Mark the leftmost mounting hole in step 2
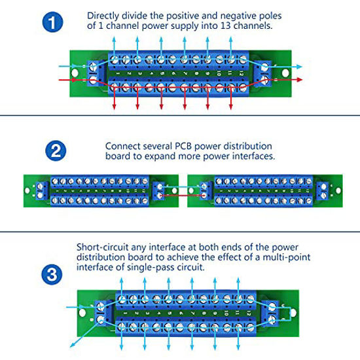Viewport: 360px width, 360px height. (x=28, y=190)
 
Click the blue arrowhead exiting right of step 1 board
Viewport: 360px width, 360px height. (x=300, y=67)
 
